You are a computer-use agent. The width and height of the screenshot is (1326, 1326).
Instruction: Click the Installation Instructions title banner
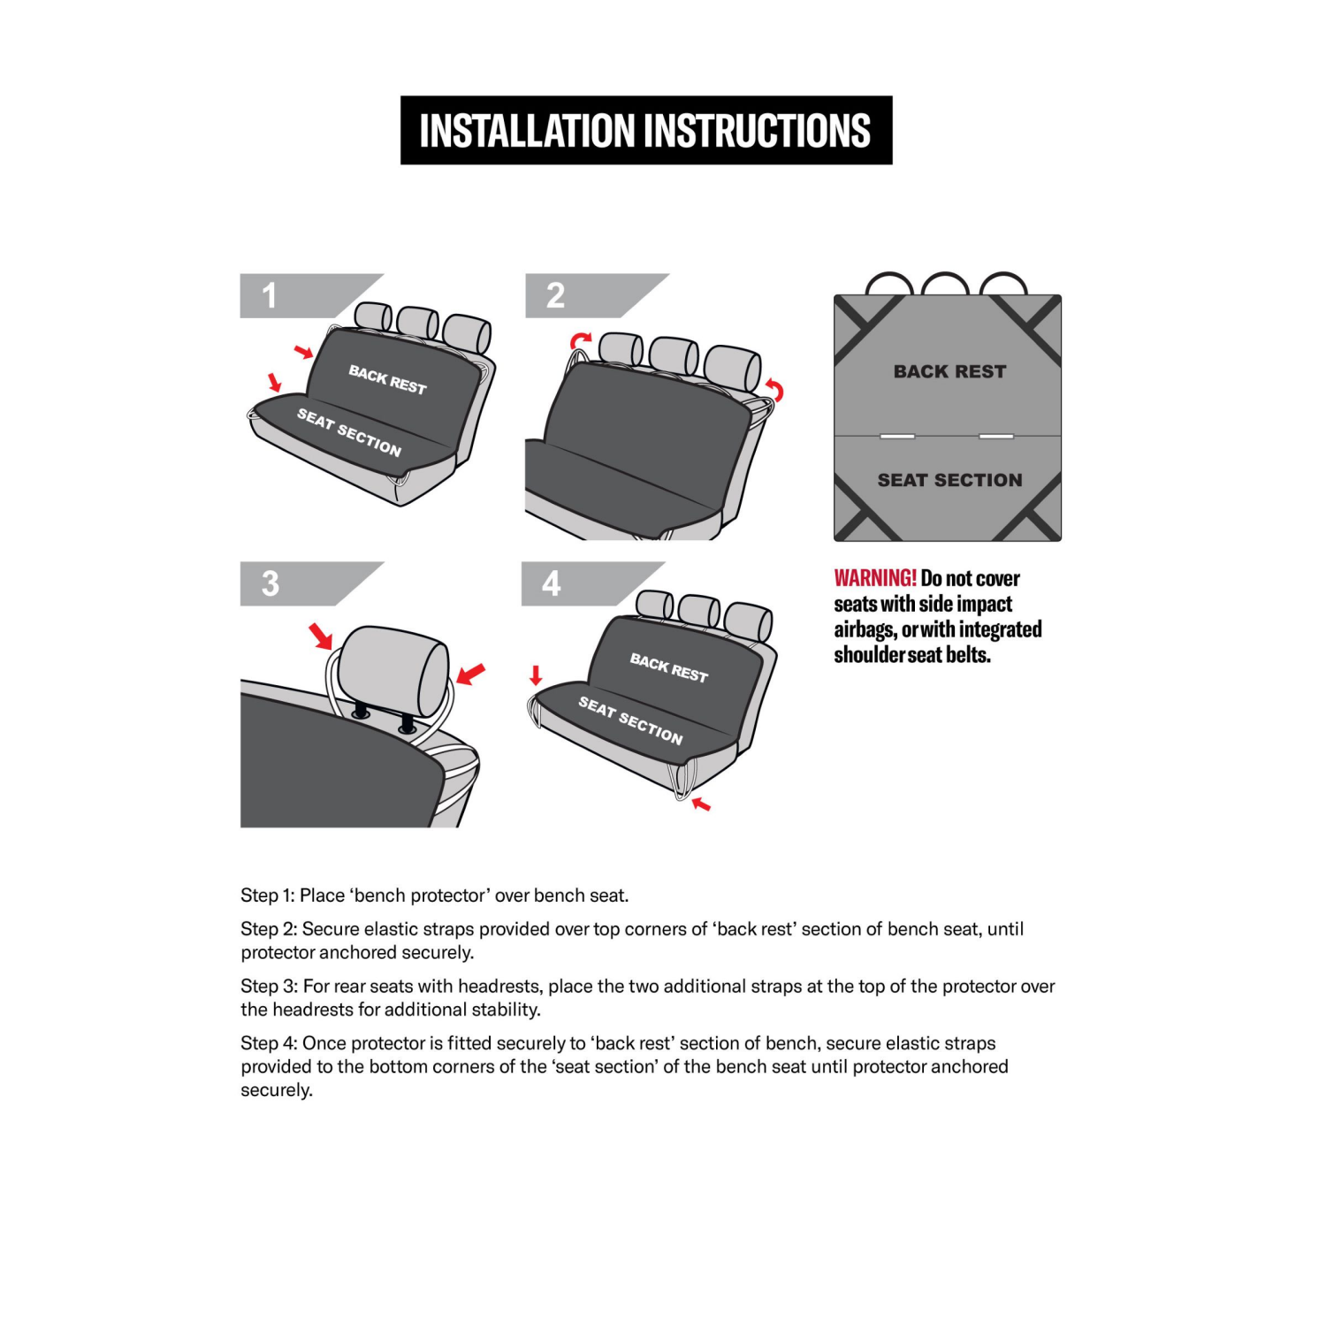pos(645,130)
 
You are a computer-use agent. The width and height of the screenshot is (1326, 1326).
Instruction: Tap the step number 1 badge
pos(271,295)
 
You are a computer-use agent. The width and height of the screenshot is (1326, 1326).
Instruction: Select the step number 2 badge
pos(555,295)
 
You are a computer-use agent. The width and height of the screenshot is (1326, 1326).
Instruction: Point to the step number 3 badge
pos(271,583)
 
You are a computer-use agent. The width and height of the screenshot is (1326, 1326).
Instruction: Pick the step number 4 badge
pos(552,583)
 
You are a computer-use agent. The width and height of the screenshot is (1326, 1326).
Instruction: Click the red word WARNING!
pos(874,578)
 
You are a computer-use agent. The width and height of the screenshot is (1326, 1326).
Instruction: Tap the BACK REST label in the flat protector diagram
pos(949,371)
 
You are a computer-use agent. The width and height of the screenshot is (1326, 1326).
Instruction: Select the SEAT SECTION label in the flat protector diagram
pos(949,480)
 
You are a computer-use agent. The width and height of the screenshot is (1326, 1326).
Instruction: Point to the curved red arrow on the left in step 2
pos(580,341)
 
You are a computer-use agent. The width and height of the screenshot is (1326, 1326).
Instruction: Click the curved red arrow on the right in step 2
pos(774,389)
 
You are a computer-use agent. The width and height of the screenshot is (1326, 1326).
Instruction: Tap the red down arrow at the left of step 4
pos(535,676)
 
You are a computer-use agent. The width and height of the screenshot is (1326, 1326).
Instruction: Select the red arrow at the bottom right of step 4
pos(701,804)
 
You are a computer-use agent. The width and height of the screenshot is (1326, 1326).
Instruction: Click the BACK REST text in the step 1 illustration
pos(387,379)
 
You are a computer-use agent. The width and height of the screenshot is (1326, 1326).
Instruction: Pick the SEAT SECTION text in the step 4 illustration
pos(630,720)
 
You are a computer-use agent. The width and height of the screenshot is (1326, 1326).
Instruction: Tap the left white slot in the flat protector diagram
pos(897,436)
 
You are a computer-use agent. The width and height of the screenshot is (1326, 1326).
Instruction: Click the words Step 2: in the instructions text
pos(268,929)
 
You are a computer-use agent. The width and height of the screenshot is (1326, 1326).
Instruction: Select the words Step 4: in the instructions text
pos(268,1043)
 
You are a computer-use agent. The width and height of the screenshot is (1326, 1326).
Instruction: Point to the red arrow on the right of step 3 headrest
pos(470,674)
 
